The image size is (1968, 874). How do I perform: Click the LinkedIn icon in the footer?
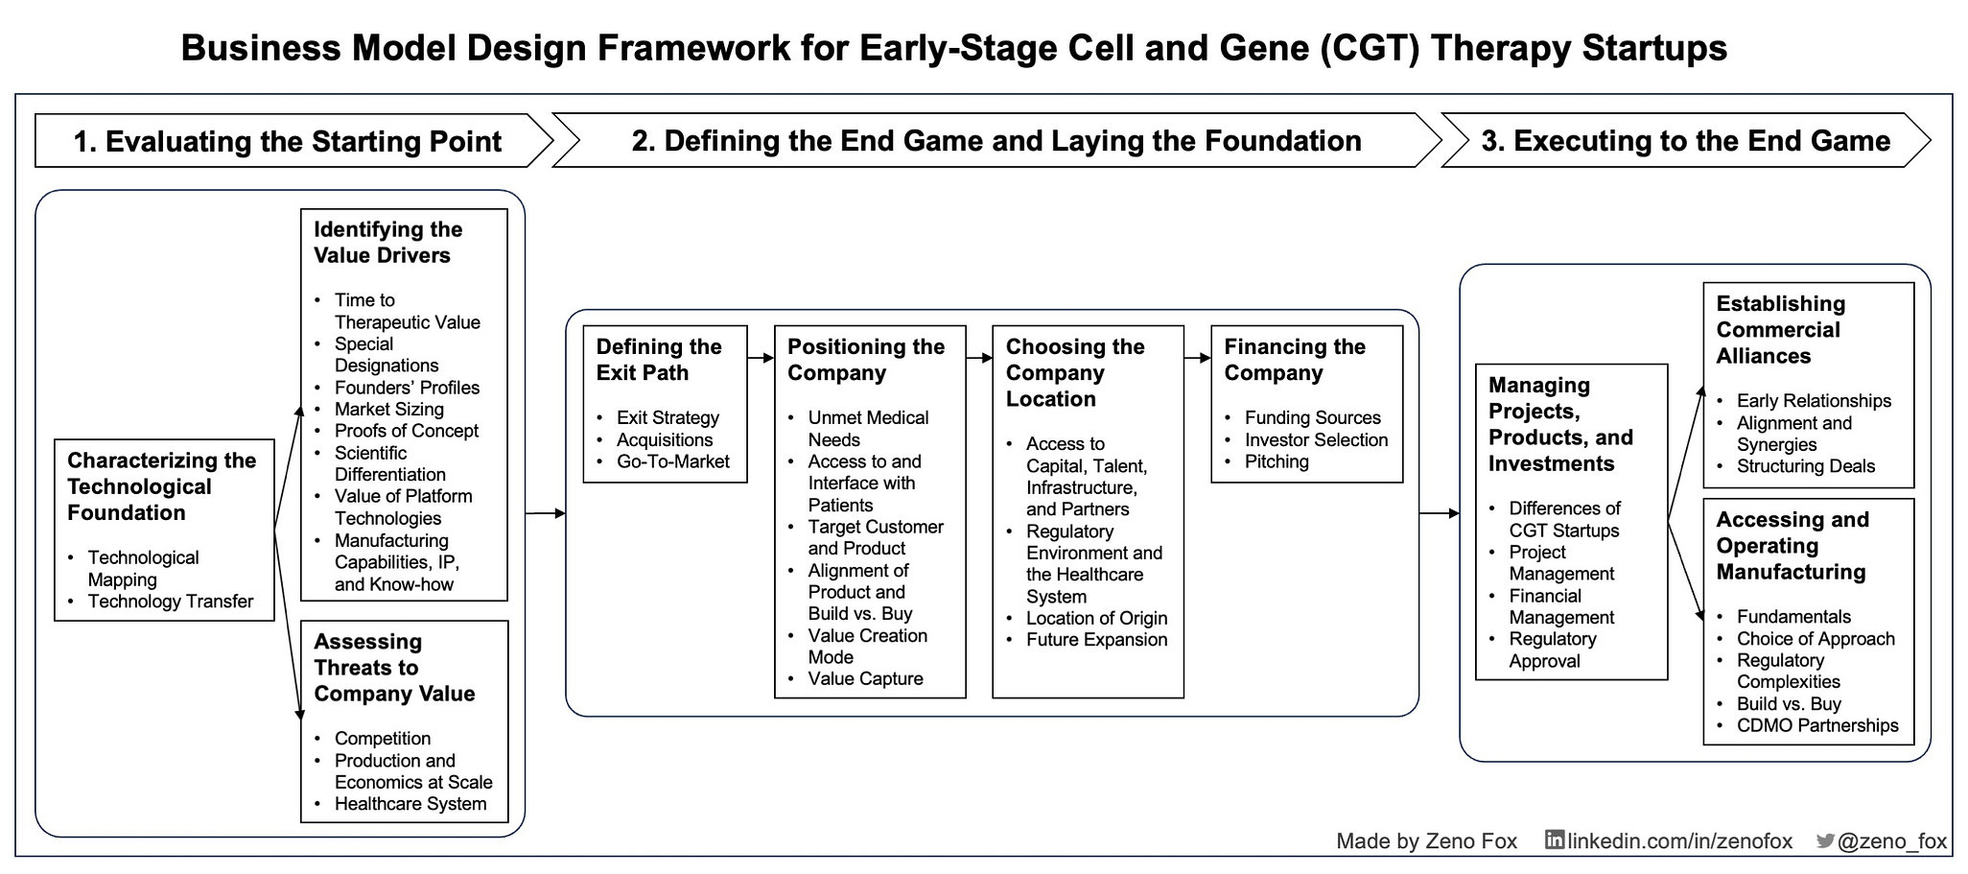tap(1554, 840)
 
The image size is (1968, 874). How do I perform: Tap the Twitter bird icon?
tap(1825, 841)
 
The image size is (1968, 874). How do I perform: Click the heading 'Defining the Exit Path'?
tap(659, 360)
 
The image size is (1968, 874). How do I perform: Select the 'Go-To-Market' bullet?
tap(672, 461)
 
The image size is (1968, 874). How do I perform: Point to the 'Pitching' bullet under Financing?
tap(1277, 461)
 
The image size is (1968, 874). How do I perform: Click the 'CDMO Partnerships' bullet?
tap(1816, 725)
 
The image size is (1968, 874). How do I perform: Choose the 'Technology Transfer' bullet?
tap(171, 602)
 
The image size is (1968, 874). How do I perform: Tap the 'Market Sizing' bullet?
tap(388, 409)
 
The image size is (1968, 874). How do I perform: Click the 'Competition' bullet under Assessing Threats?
tap(382, 739)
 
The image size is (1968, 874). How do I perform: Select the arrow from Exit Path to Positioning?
tap(761, 358)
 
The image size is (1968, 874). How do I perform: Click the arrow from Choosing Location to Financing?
tap(1197, 358)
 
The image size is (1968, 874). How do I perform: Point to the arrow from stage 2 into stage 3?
tap(1439, 513)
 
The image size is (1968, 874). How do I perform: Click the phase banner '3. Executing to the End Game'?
tap(1685, 141)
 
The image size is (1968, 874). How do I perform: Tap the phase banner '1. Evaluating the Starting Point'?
tap(287, 142)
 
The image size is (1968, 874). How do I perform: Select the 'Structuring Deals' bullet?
tap(1805, 466)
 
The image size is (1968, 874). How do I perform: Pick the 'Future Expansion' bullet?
tap(1096, 640)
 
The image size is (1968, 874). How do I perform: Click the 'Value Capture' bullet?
tap(865, 679)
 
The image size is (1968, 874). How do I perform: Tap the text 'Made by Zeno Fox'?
tap(1426, 841)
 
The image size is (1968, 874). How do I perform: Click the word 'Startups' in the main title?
tap(1654, 48)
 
